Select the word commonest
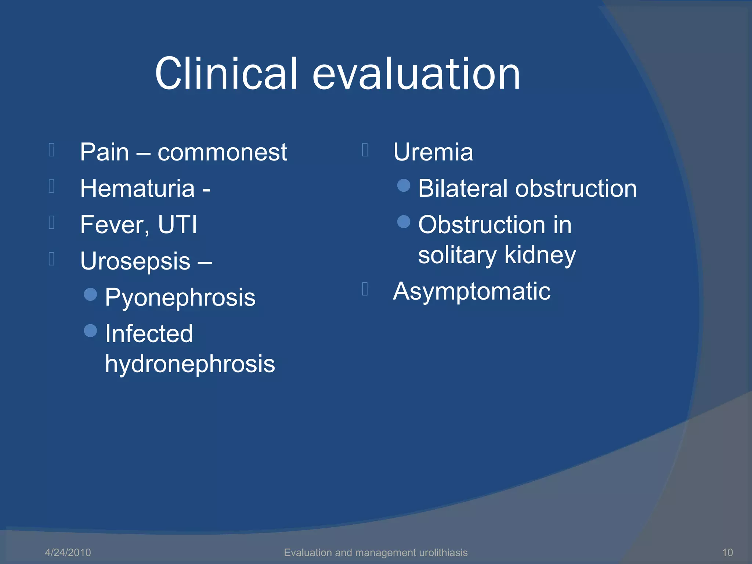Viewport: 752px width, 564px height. (222, 152)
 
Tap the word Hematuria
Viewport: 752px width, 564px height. (137, 188)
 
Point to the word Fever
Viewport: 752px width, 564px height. (114, 225)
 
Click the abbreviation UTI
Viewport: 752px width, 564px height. (177, 224)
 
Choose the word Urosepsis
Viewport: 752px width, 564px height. (135, 261)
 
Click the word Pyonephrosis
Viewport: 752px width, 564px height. (180, 297)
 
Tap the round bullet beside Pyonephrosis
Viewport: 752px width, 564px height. (90, 294)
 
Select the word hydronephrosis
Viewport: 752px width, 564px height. (190, 364)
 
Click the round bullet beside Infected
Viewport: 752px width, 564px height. (90, 330)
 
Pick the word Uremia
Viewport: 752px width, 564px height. (433, 152)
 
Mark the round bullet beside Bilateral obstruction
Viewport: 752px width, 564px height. (404, 185)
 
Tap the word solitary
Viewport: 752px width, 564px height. (457, 255)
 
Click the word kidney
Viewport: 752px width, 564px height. (540, 256)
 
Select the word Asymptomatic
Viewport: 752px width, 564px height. (472, 292)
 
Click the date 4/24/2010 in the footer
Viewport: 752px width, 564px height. (68, 552)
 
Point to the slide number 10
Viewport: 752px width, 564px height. (727, 552)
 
